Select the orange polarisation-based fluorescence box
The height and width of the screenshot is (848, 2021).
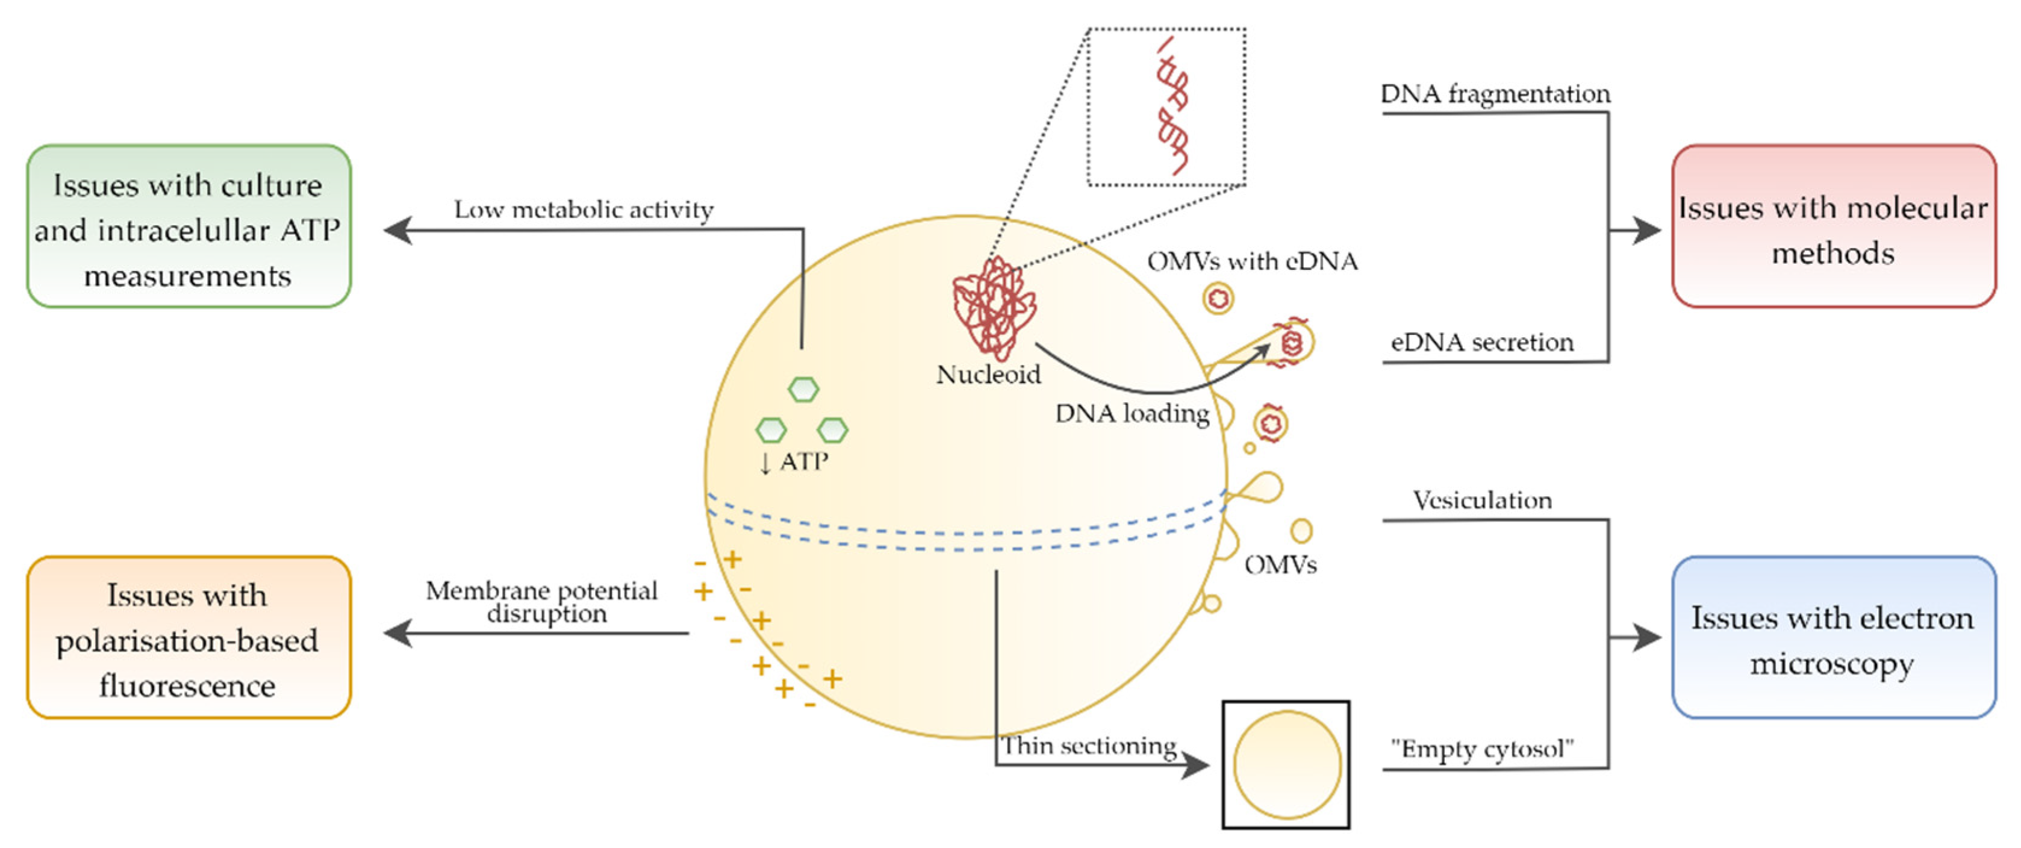188,638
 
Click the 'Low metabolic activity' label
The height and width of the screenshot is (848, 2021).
584,210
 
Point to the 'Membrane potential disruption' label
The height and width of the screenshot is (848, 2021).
542,601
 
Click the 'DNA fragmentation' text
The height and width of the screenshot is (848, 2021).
1495,94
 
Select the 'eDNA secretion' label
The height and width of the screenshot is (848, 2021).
1482,342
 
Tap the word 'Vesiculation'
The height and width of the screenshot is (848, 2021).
1482,500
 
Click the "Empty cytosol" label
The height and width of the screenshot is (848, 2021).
1482,749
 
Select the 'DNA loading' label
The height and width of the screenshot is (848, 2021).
1132,413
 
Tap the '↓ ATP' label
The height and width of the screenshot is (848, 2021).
794,461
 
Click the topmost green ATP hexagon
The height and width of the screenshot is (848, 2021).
803,389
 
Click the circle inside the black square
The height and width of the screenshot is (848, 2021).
1287,765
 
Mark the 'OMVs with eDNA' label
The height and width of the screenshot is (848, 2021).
1252,261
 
